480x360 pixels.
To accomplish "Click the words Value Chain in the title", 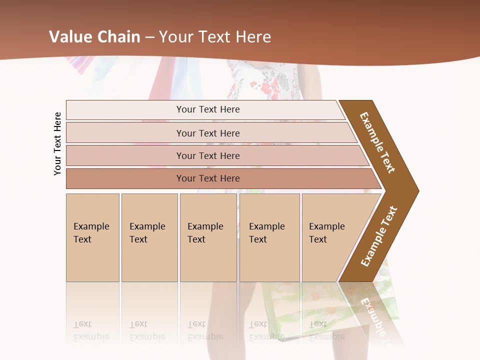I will coord(94,37).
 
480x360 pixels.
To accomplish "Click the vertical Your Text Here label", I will coord(57,143).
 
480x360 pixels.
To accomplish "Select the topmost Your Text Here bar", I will coord(208,109).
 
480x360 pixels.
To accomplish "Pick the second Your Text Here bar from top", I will coord(208,133).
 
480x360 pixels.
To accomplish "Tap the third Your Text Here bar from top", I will coord(208,155).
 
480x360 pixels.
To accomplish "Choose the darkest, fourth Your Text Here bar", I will coord(208,178).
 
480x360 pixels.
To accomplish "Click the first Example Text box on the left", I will coord(92,237).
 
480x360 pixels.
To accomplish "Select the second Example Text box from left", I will coord(149,237).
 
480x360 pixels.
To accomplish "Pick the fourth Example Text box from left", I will coord(269,237).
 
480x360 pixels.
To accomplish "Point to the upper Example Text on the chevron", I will coord(377,142).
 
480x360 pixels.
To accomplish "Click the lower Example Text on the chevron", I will coord(379,236).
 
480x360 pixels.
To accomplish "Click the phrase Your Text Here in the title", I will coord(215,37).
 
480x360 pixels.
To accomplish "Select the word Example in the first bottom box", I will coord(91,226).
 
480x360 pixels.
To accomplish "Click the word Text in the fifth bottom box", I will coord(317,239).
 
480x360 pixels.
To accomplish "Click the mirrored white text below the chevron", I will coord(372,315).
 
